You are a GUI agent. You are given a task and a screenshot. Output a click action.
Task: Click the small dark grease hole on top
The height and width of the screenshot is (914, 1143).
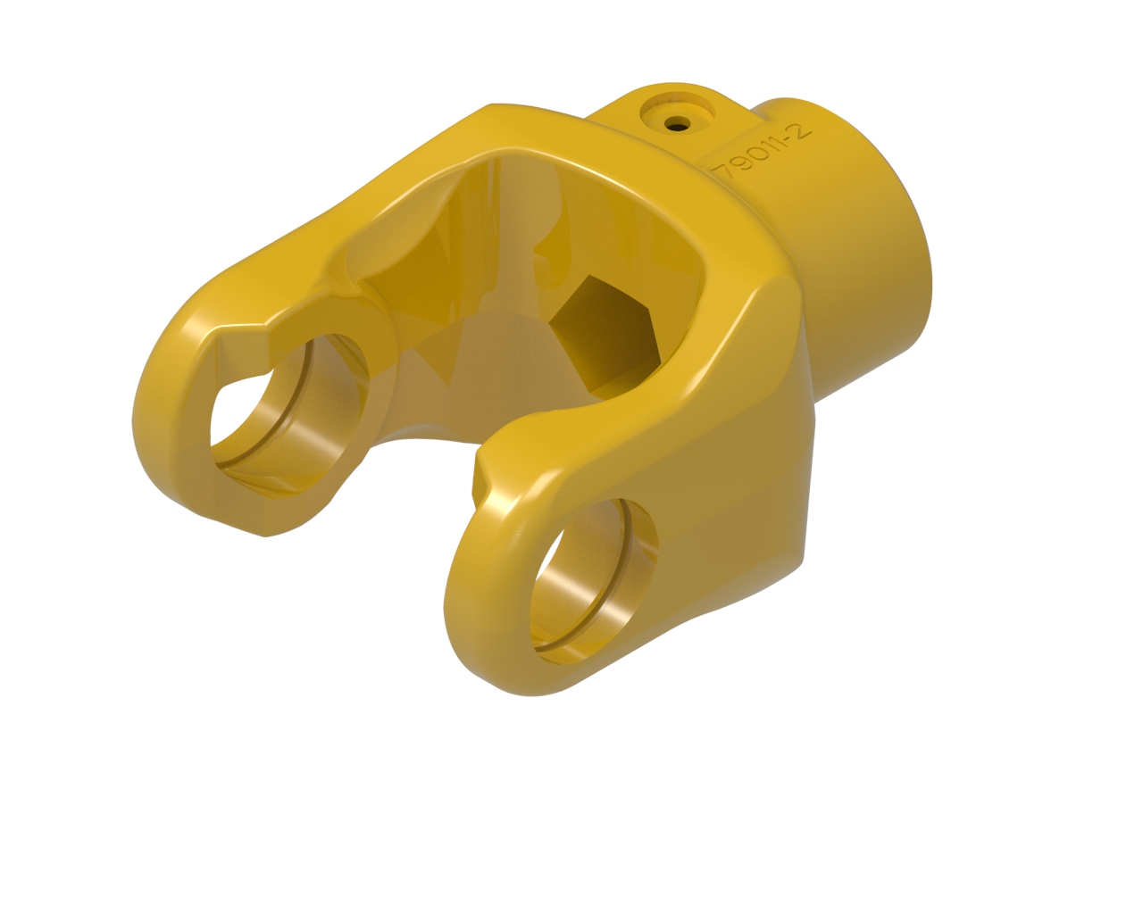coord(677,125)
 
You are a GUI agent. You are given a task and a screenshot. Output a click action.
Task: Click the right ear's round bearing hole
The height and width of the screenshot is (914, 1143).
coord(595,582)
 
